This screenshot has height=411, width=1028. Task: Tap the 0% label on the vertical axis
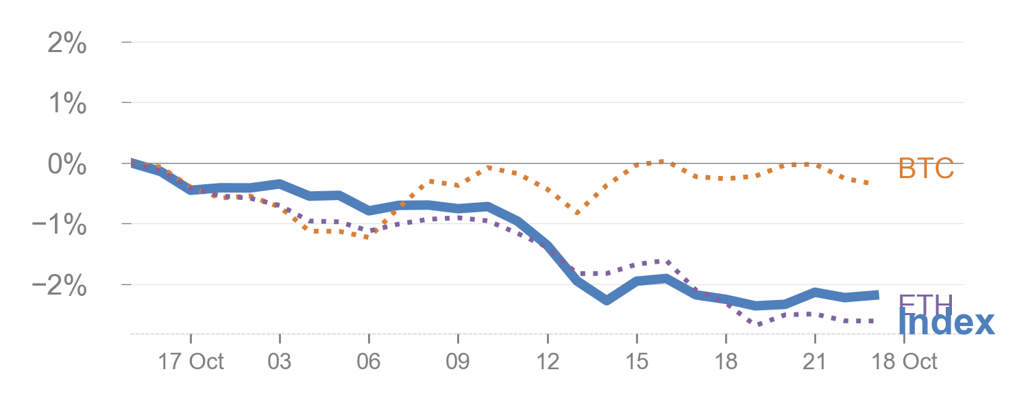[67, 164]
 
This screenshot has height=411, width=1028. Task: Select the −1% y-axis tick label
[60, 225]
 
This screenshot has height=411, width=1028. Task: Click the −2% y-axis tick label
[60, 285]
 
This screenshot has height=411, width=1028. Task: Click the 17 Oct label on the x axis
[191, 362]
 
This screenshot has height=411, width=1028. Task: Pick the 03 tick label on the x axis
[280, 362]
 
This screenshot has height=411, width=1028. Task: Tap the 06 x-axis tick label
[369, 362]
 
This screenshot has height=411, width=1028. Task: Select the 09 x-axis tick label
[458, 362]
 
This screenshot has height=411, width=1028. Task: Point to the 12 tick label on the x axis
[548, 362]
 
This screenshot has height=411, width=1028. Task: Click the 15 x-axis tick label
[637, 362]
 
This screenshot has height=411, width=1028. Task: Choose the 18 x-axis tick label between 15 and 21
[726, 362]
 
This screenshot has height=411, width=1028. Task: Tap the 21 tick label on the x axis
[815, 362]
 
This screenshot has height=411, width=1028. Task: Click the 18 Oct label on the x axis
[906, 362]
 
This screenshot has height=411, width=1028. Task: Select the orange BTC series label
[926, 169]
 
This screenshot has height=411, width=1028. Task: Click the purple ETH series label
[925, 303]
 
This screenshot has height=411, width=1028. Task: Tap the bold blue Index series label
[946, 322]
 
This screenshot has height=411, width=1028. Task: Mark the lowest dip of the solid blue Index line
[607, 300]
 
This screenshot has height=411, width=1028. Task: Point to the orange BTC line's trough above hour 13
[577, 213]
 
